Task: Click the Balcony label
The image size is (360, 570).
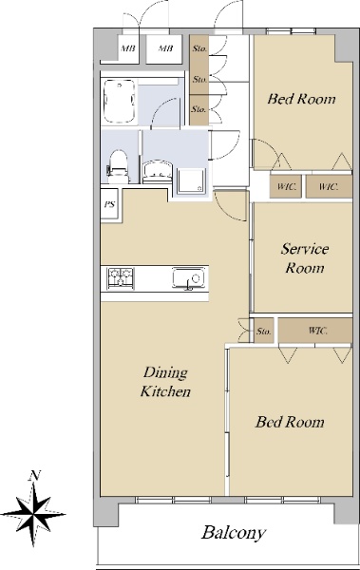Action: pos(234,533)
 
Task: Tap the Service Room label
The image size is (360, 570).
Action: pos(304,258)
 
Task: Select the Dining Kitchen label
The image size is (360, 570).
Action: pos(165,382)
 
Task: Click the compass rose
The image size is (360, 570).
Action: pos(33,514)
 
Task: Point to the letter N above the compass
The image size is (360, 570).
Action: pos(35,476)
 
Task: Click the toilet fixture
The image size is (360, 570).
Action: pos(118,166)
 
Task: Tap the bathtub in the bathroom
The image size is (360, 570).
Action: pos(120,102)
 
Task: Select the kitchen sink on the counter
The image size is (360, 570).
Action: pos(188,279)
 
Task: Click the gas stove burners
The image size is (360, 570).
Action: pos(121,278)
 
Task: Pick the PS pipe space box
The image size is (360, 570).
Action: pos(109,204)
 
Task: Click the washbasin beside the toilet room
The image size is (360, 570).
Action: pos(158,171)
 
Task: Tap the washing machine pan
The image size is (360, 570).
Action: pos(191,181)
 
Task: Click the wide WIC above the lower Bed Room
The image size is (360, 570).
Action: pos(315,331)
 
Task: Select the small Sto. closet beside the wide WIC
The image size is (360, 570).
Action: pos(263,331)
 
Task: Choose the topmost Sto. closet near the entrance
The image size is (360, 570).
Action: pos(199,48)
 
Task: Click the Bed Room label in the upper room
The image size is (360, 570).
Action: pos(301,99)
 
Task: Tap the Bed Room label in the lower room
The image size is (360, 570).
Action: pos(290,422)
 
